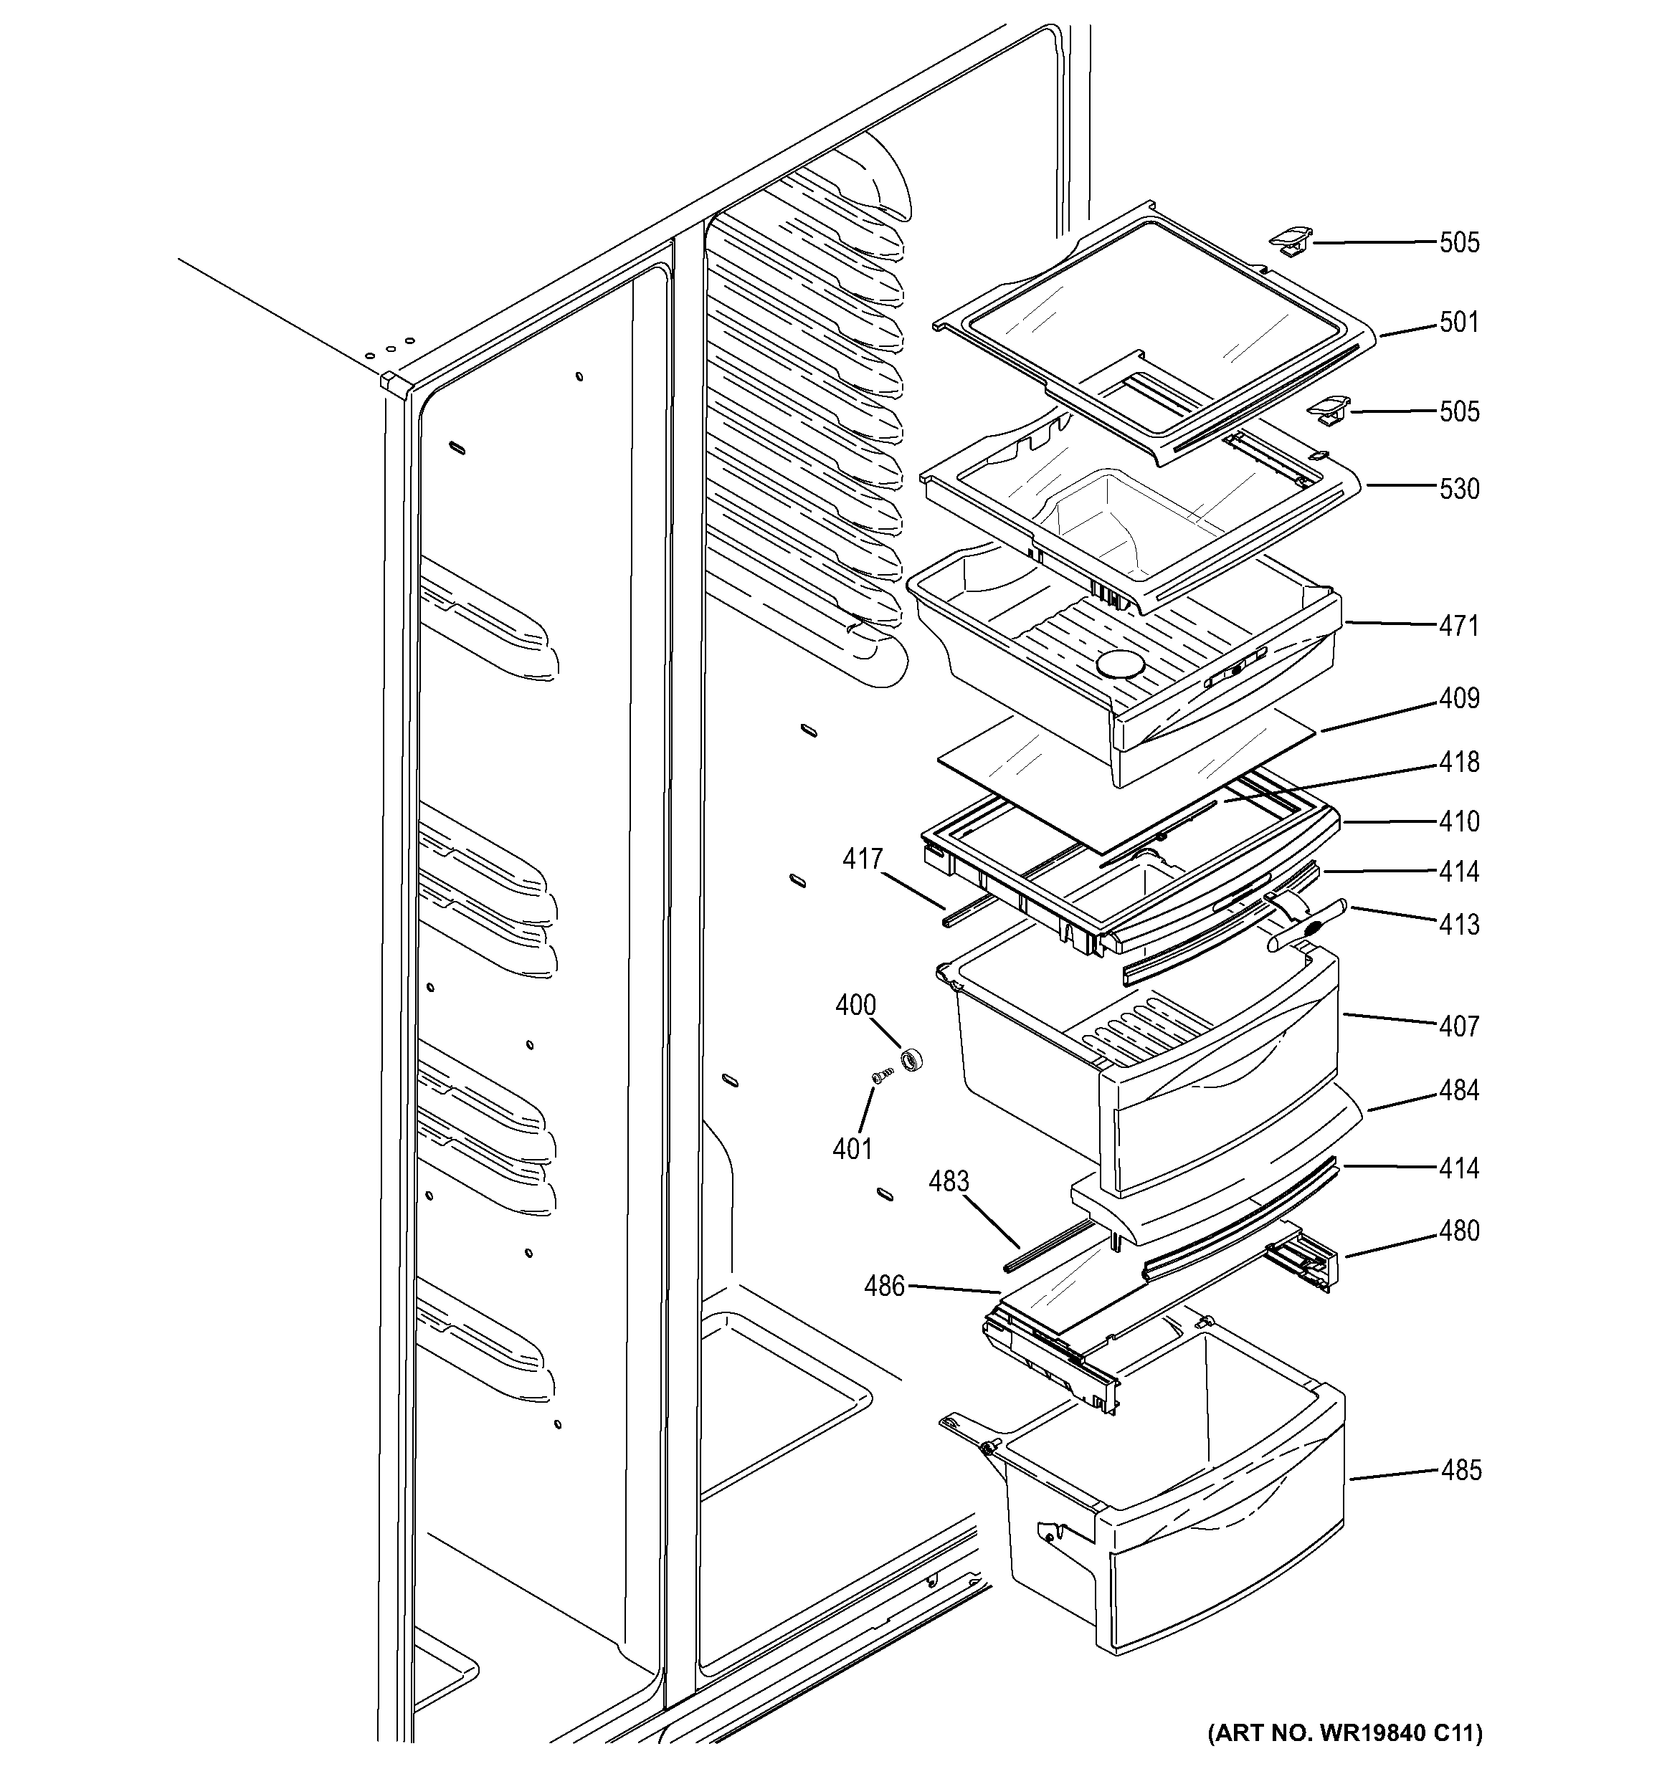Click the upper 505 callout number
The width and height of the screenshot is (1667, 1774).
(1459, 243)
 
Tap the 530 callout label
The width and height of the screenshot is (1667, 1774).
(1459, 489)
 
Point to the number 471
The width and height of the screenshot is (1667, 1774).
(1459, 626)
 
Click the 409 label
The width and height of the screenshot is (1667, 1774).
(1459, 698)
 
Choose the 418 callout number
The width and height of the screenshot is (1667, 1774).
(1459, 762)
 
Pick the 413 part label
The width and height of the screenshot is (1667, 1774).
(1459, 925)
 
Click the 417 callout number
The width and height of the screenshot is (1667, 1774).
(863, 859)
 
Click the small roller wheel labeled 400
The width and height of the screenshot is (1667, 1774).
(911, 1061)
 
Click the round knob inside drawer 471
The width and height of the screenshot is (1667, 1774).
(1119, 664)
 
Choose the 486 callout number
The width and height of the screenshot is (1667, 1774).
(884, 1286)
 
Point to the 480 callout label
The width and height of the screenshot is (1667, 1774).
(1459, 1231)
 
